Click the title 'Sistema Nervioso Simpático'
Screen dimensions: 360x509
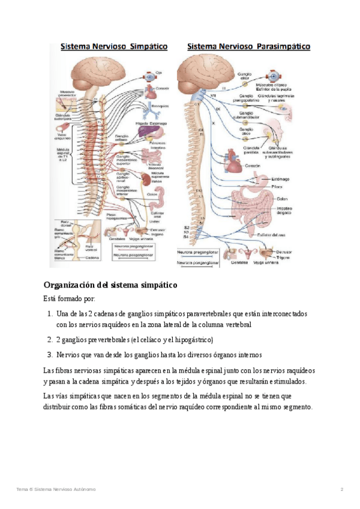pos(112,46)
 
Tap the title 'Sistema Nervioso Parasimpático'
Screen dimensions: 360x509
pos(248,46)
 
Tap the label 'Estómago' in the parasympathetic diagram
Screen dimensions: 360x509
pos(280,178)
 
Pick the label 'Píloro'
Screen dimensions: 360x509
pos(278,187)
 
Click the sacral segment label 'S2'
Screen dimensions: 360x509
pos(186,228)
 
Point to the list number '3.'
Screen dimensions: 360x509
pos(50,354)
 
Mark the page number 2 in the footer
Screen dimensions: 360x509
pos(341,490)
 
